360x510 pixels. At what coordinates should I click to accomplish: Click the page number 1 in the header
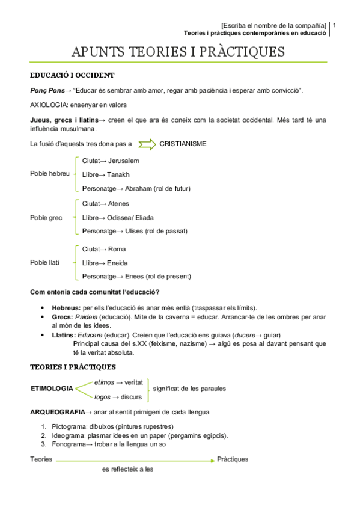point(334,26)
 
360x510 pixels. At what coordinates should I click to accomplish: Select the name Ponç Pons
point(47,90)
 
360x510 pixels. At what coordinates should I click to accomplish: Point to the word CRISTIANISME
point(183,144)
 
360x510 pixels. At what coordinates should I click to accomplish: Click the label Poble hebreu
point(50,173)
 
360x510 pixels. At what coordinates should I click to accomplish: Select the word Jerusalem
point(124,161)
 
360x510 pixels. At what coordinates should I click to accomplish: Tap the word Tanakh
point(118,174)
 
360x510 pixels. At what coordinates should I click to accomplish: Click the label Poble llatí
point(46,262)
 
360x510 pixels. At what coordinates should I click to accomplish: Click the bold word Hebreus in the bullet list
point(66,307)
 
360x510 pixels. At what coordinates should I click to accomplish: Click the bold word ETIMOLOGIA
point(52,389)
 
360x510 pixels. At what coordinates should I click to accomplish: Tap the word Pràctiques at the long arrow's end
point(233,459)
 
